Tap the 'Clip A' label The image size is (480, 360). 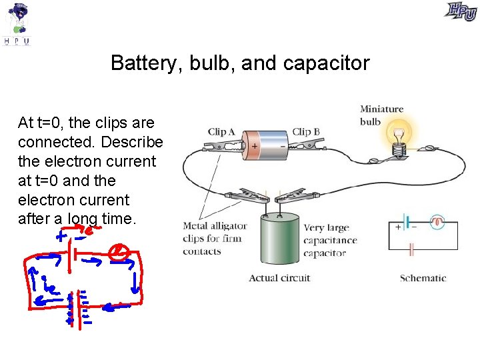point(221,132)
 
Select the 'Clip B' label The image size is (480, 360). point(306,132)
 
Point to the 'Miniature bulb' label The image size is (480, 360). point(381,115)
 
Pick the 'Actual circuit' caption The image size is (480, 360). point(279,278)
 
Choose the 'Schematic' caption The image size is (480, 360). point(423,278)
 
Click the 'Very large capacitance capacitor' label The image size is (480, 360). point(330,241)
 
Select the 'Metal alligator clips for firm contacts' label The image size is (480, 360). point(215,239)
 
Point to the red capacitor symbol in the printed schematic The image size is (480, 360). point(411,250)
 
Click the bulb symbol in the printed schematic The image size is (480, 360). point(437,222)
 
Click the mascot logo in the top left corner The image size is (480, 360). point(17,23)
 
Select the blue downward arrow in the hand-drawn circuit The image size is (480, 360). point(136,283)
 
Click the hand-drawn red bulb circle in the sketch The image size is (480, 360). point(118,252)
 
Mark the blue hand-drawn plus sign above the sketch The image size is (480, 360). point(61,236)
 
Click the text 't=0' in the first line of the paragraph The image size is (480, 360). point(47,123)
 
